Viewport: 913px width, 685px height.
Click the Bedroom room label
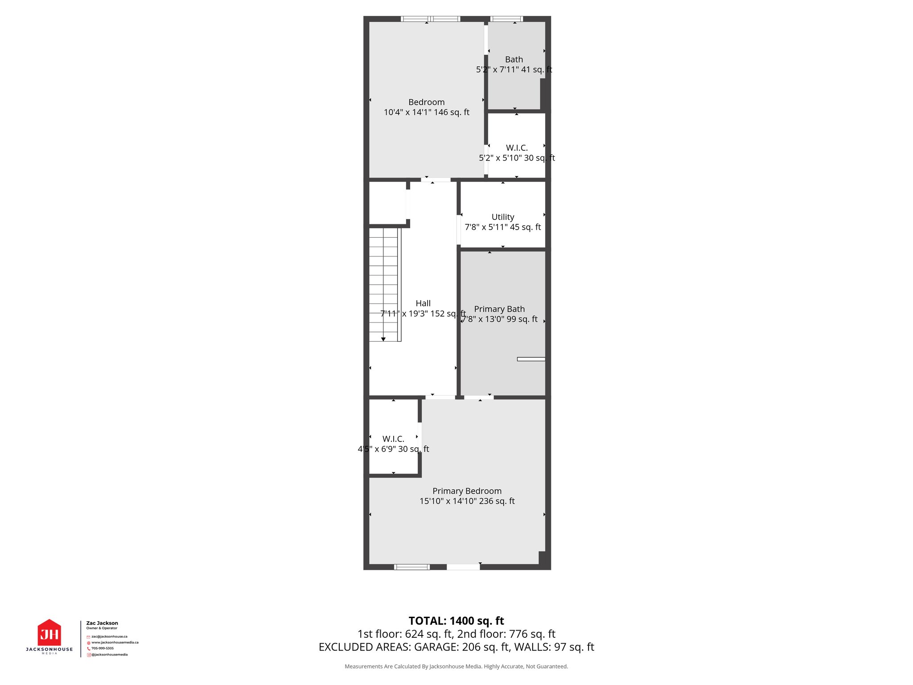point(426,102)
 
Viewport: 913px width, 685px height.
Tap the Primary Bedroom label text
point(467,491)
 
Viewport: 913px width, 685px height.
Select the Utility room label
point(503,217)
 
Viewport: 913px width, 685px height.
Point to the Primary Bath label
point(499,309)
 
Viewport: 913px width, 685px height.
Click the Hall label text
point(423,303)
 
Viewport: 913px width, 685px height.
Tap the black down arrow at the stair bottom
point(383,339)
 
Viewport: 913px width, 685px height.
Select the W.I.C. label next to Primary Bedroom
point(393,439)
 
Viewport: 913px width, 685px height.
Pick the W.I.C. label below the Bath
point(517,148)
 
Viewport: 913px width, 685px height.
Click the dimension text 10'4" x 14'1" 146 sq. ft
point(426,112)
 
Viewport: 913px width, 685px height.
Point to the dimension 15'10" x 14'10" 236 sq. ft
point(467,501)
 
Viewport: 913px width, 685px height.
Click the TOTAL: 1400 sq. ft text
point(456,621)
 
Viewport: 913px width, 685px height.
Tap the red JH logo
point(49,633)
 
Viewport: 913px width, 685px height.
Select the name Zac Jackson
point(102,623)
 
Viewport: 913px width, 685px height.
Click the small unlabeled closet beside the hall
point(387,203)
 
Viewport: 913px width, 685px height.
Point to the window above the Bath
point(506,19)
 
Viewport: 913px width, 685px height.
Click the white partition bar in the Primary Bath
point(531,359)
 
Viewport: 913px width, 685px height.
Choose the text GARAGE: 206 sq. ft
point(462,647)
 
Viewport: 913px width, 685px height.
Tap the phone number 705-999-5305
point(103,648)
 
